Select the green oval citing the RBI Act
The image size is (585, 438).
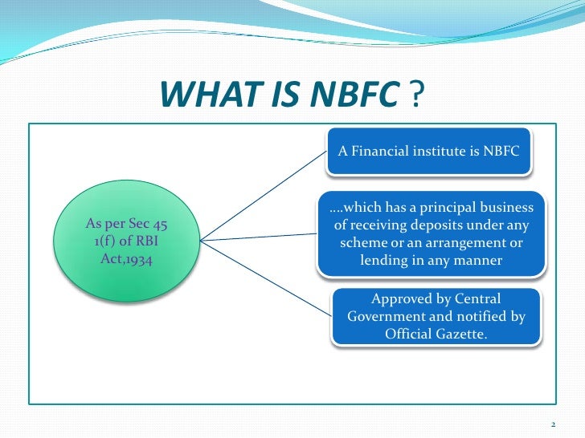point(125,240)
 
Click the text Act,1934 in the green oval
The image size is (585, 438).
point(125,259)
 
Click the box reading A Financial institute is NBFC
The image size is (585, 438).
point(428,151)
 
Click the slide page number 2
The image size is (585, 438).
point(554,424)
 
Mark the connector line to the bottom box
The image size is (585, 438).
point(265,278)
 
